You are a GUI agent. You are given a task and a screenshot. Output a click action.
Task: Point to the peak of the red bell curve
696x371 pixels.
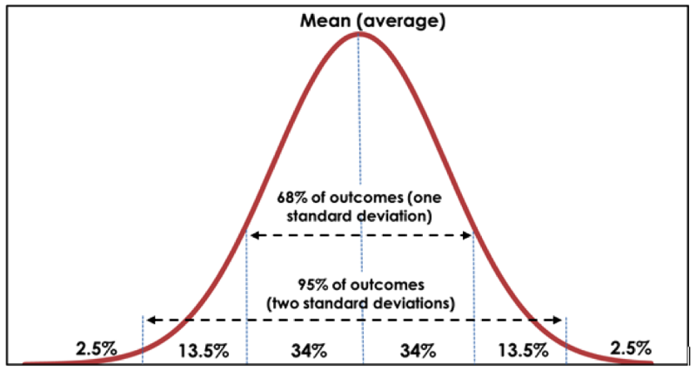(358, 34)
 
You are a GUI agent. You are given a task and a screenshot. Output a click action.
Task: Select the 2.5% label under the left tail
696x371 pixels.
(95, 348)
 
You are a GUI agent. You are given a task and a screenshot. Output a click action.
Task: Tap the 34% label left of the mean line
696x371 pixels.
(309, 351)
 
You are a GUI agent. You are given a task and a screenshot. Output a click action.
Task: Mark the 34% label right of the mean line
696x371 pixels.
(418, 351)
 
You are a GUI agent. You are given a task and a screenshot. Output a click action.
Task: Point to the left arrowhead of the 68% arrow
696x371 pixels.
(252, 235)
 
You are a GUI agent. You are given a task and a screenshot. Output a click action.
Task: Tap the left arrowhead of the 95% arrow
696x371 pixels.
(149, 320)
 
